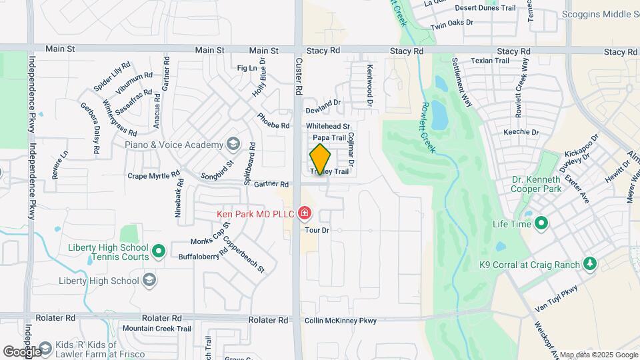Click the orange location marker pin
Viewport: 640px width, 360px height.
pos(320,159)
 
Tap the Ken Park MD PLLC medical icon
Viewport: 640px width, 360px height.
pos(305,214)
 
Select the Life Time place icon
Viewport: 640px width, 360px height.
pos(541,223)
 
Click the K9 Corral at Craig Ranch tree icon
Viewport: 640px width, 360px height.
pos(589,265)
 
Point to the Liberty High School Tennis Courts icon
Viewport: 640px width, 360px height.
pos(158,251)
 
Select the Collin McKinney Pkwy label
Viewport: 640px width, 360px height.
pos(340,321)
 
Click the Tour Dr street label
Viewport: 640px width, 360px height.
pos(317,230)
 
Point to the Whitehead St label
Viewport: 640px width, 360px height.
pos(328,126)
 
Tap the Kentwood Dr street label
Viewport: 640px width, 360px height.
pos(368,85)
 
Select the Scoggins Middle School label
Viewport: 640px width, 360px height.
pos(600,13)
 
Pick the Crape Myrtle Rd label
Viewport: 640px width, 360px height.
pos(155,177)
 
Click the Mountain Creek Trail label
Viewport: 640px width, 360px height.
pos(156,329)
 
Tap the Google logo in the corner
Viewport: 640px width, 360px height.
pos(21,351)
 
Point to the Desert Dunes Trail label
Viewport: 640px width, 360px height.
pos(486,8)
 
